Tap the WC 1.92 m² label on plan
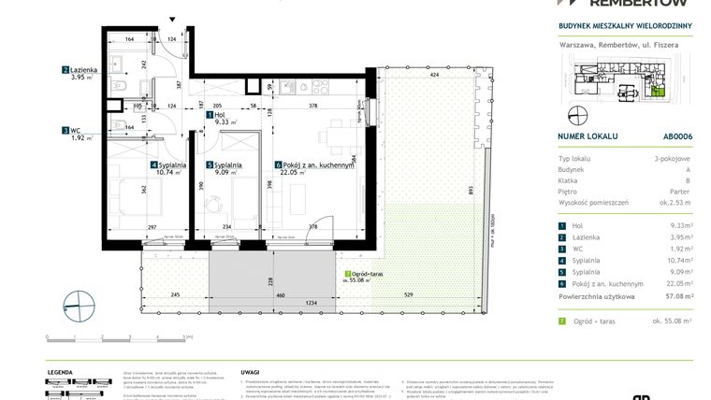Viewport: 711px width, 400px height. [78, 134]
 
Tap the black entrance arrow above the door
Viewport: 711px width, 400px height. [172, 20]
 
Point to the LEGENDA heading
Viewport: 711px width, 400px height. [60, 370]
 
